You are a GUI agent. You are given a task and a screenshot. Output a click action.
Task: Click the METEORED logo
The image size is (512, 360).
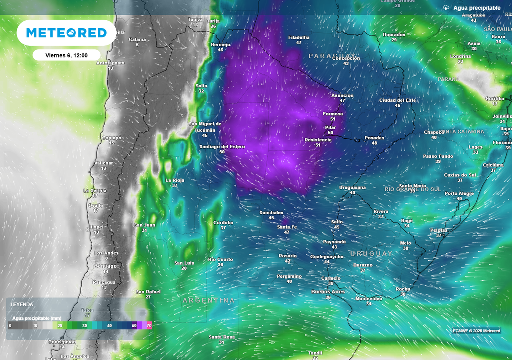(x=66, y=33)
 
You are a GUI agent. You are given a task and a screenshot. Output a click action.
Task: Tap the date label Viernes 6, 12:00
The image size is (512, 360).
(x=66, y=55)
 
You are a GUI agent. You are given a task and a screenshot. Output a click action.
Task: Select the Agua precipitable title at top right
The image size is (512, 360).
(x=477, y=8)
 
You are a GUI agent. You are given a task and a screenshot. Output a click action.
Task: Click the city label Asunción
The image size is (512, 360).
(x=343, y=96)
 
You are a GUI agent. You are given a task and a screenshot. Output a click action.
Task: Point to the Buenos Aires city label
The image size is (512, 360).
(x=328, y=291)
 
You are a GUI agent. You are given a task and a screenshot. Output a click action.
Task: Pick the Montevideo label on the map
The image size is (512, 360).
(x=369, y=298)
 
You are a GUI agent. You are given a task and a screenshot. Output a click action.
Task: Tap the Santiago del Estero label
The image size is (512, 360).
(x=222, y=146)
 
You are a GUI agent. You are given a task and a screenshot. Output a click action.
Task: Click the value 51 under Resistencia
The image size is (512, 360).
(x=318, y=145)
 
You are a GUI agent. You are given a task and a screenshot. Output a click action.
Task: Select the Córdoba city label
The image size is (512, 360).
(x=223, y=222)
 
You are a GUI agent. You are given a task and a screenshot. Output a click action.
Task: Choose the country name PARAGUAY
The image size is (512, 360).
(x=332, y=56)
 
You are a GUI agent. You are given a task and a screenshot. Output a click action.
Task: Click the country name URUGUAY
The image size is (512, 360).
(x=371, y=254)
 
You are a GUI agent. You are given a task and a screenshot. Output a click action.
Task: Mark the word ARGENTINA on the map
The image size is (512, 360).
(x=209, y=300)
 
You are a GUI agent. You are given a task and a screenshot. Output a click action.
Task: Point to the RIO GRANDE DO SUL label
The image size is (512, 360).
(x=413, y=189)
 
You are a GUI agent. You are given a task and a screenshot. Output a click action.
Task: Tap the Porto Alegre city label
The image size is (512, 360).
(x=459, y=193)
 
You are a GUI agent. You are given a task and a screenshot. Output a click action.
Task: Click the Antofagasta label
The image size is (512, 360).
(x=110, y=63)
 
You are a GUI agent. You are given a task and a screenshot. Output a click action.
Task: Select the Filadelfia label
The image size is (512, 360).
(x=299, y=37)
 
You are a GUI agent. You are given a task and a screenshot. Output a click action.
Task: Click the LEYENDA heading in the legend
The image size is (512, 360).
(x=22, y=304)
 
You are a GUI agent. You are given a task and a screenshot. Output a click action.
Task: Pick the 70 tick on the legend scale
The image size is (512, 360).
(x=149, y=326)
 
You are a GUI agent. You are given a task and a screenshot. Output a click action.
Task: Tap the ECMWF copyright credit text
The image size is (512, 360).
(x=476, y=331)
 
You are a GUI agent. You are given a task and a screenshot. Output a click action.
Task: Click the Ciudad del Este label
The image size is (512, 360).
(x=397, y=100)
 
